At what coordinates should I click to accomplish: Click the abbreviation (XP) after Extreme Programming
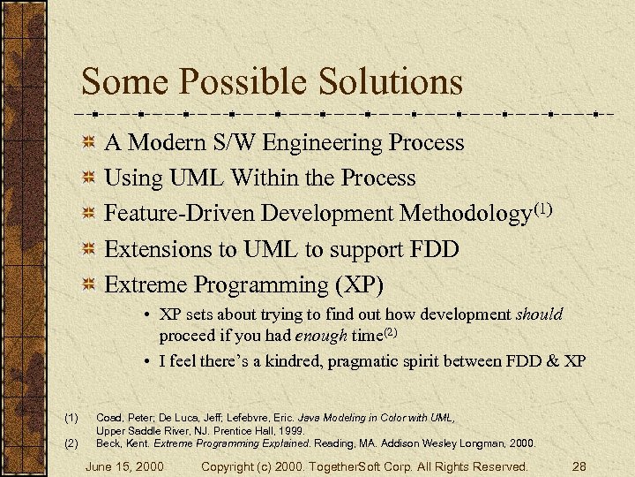pos(359,285)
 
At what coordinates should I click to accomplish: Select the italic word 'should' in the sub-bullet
pos(539,314)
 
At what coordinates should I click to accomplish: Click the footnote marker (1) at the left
pos(71,417)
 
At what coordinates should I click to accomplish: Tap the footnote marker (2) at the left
pos(71,443)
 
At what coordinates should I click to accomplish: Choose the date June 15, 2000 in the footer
pos(124,466)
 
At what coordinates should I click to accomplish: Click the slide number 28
pos(579,466)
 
